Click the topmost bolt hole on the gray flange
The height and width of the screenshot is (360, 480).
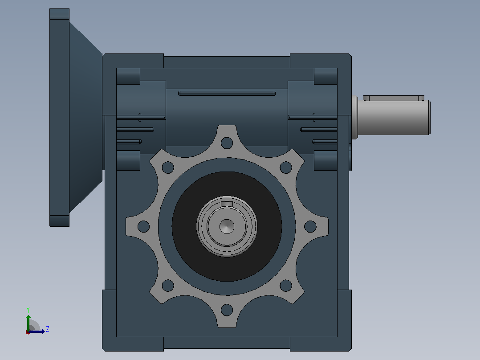[227, 143]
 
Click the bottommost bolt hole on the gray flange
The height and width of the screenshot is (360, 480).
[227, 310]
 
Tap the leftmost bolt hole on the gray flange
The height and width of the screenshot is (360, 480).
[143, 226]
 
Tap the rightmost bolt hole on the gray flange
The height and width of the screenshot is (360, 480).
[310, 226]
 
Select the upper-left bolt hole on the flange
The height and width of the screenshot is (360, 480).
[168, 167]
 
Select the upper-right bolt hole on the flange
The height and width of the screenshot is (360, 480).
[286, 167]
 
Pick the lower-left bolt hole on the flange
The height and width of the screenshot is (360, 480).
[168, 286]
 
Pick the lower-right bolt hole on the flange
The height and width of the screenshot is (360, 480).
[286, 286]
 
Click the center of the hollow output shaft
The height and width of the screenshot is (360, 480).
[227, 226]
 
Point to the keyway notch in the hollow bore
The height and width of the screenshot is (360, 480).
[227, 204]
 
